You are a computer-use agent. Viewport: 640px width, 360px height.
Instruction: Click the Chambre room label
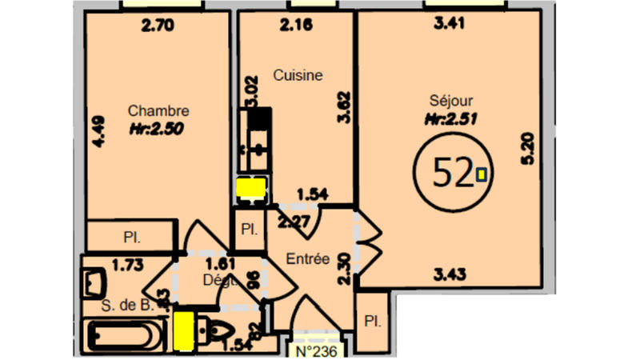click(158, 111)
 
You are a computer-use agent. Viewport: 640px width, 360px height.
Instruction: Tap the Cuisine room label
click(298, 76)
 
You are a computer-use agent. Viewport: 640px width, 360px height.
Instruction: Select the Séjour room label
click(451, 101)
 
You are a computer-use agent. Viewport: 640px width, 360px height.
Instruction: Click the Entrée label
click(309, 258)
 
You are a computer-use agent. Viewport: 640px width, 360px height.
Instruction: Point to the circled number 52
click(452, 172)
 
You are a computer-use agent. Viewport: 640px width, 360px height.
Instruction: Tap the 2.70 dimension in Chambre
click(158, 25)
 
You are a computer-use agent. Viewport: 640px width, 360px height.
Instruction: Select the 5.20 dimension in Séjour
click(526, 149)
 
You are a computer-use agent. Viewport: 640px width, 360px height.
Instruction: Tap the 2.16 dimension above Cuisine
click(296, 25)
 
